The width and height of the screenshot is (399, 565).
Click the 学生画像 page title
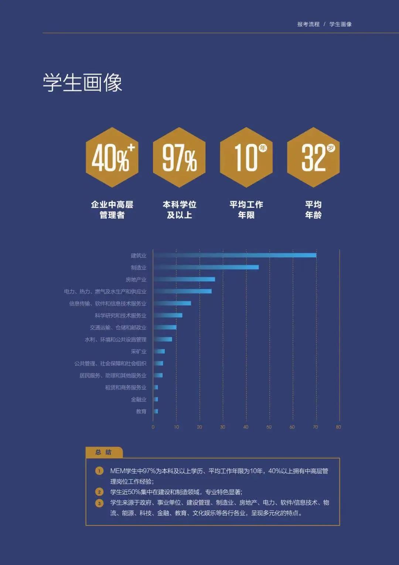[82, 82]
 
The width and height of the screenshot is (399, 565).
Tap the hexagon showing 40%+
[112, 157]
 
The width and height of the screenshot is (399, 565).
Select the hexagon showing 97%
[179, 157]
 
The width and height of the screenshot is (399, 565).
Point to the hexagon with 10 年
[246, 157]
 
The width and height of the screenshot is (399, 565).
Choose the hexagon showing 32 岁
[313, 157]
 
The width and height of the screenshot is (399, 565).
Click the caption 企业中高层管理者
[112, 210]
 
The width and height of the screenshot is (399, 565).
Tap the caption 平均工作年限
[246, 210]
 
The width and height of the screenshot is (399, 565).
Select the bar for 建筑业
[235, 255]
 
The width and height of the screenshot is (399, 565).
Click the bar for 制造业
[206, 267]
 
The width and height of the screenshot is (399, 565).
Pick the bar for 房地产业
[184, 279]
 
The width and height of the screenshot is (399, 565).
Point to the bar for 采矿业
[159, 351]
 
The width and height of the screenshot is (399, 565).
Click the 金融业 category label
[139, 399]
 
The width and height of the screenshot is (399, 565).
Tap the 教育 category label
[141, 411]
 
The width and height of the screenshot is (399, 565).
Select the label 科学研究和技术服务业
[120, 315]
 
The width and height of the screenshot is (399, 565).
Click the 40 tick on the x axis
[246, 427]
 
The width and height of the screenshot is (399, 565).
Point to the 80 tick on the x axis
[338, 427]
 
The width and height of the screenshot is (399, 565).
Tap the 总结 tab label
[103, 452]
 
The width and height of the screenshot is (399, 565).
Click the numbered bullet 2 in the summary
[99, 492]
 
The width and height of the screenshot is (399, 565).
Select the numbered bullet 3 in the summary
[99, 503]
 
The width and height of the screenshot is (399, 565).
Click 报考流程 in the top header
[308, 24]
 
